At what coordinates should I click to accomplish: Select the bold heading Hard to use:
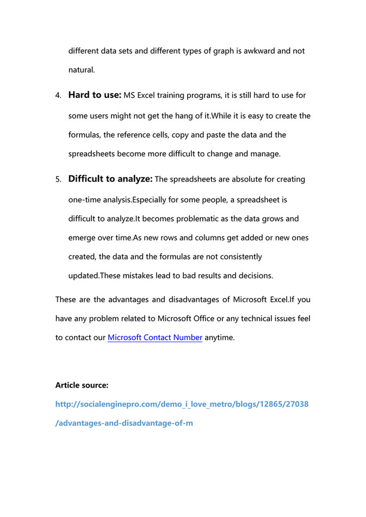[x=95, y=95]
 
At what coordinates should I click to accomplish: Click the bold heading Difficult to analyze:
[x=110, y=179]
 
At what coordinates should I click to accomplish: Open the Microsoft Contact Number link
[x=155, y=338]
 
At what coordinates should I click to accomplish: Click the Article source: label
[x=82, y=385]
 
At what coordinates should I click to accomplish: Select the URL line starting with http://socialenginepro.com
[x=182, y=404]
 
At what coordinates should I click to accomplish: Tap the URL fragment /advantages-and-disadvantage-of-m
[x=124, y=423]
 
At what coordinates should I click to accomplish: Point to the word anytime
[x=220, y=338]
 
